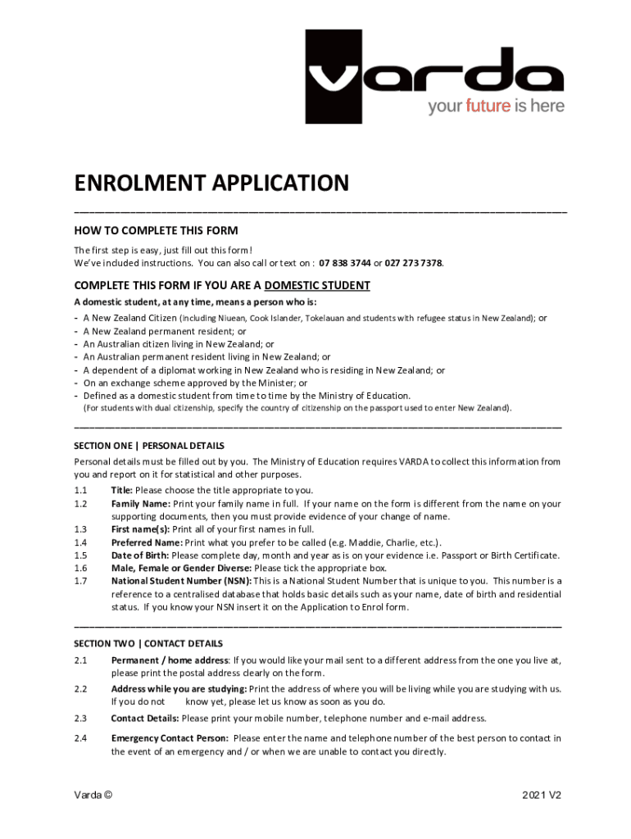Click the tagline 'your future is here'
coord(496,107)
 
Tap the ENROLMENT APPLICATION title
coord(211,183)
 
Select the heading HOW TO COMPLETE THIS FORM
coord(156,230)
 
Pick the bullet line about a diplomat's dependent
coord(264,370)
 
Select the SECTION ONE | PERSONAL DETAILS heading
coord(148,446)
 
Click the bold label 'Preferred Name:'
coord(147,542)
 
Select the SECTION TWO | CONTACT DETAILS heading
coord(148,644)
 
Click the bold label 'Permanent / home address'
coord(170,660)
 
